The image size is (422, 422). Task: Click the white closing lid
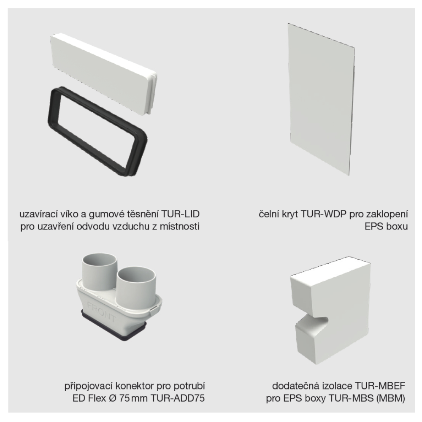click(x=104, y=74)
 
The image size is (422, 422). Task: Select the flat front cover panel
click(x=321, y=100)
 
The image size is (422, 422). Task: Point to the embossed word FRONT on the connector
click(x=101, y=312)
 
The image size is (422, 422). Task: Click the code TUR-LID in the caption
click(x=181, y=214)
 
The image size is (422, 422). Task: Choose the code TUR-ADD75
click(x=178, y=398)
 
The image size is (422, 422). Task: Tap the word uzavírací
click(x=38, y=214)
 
